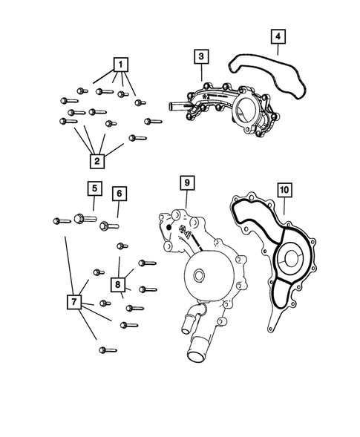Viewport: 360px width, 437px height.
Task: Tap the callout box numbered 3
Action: coord(200,57)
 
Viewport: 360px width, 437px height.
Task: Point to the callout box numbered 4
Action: coord(277,36)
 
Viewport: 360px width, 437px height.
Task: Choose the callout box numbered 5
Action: coord(95,188)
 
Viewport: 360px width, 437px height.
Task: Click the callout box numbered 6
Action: coord(120,194)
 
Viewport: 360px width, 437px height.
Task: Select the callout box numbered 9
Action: coord(186,182)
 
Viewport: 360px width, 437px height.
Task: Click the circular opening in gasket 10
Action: coord(289,261)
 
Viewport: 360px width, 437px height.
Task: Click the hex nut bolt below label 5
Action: coord(81,219)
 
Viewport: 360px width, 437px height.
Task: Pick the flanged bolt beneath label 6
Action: coord(108,223)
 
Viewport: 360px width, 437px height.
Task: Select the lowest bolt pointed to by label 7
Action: coord(104,349)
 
